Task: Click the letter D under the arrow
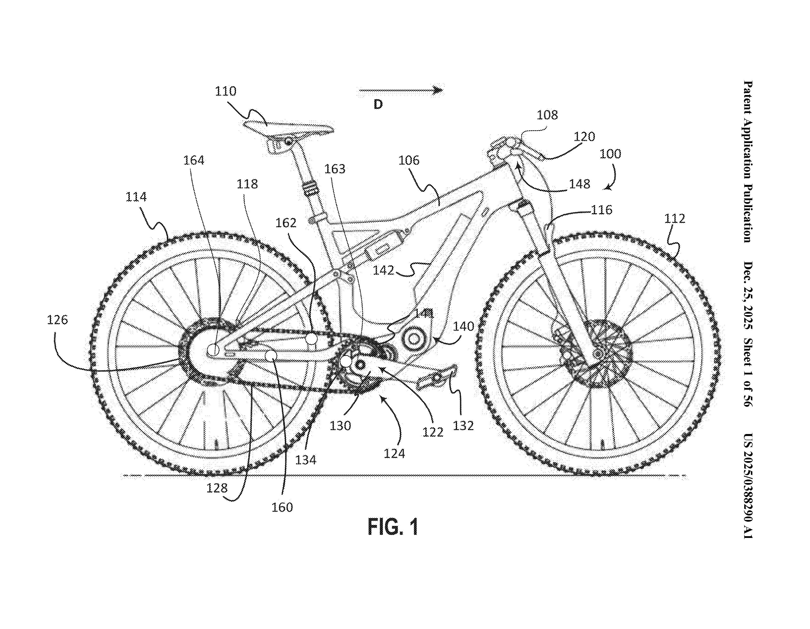pyautogui.click(x=378, y=105)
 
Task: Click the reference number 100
pyautogui.click(x=610, y=154)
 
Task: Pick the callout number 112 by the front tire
pyautogui.click(x=674, y=219)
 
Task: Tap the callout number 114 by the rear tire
pyautogui.click(x=136, y=197)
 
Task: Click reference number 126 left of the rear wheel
pyautogui.click(x=57, y=320)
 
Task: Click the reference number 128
pyautogui.click(x=217, y=488)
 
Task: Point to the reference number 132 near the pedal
pyautogui.click(x=463, y=425)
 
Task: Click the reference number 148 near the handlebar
pyautogui.click(x=580, y=184)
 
